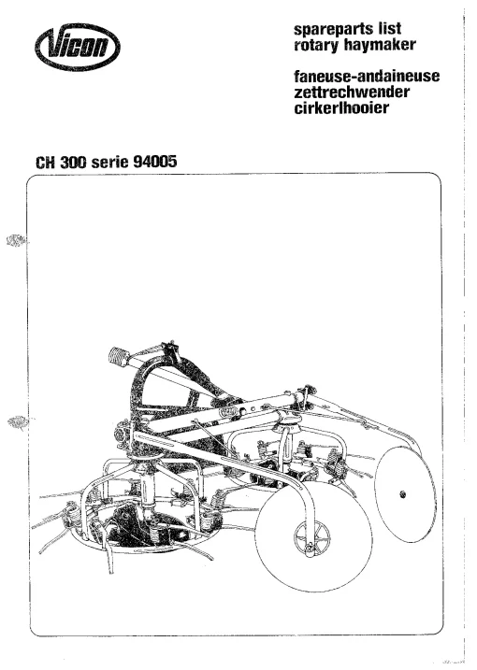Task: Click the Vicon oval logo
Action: tap(78, 47)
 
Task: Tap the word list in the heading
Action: tap(389, 28)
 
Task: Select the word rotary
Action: tap(316, 45)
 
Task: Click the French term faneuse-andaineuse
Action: tap(367, 76)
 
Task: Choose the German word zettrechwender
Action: tap(352, 92)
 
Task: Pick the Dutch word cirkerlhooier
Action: tap(341, 107)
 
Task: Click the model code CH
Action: tap(45, 163)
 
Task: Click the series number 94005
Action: tap(155, 162)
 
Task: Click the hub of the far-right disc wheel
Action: tap(402, 495)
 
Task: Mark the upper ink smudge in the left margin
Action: tap(16, 241)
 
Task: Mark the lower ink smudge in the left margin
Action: tap(19, 422)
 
